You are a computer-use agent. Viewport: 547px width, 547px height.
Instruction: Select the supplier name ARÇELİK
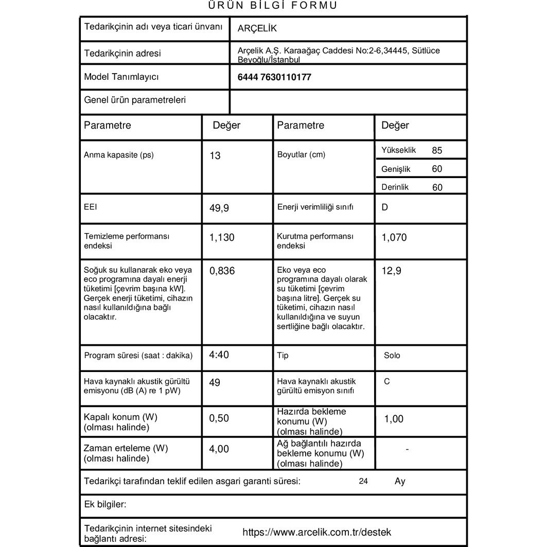(x=257, y=29)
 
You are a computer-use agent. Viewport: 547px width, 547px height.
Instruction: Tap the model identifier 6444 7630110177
(x=274, y=78)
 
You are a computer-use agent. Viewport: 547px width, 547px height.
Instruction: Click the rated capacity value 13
(x=215, y=155)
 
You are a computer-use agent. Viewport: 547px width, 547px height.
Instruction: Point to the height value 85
(x=437, y=151)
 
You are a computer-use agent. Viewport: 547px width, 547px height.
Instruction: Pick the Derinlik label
(x=395, y=187)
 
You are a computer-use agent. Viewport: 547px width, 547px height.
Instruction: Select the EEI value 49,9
(x=219, y=208)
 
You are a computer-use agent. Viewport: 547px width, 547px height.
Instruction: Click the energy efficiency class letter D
(x=385, y=208)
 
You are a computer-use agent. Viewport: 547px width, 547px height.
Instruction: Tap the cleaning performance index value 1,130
(x=222, y=237)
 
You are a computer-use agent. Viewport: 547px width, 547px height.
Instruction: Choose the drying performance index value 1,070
(x=394, y=238)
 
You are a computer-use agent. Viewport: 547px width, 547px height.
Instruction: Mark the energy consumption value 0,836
(x=222, y=271)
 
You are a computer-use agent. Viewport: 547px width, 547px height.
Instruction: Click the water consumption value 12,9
(x=392, y=271)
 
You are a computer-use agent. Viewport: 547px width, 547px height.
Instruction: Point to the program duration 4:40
(x=219, y=355)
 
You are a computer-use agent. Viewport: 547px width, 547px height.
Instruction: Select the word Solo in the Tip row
(x=392, y=356)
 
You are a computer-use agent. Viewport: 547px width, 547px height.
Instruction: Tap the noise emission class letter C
(x=387, y=381)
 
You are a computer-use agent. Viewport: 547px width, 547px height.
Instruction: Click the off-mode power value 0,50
(x=219, y=418)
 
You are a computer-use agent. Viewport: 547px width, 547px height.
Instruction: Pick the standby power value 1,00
(x=394, y=419)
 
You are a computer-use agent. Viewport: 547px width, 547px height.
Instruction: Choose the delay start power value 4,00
(x=219, y=449)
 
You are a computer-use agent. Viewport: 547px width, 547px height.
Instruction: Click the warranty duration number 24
(x=364, y=482)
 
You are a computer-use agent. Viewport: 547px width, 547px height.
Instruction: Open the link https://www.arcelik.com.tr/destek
(x=316, y=532)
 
